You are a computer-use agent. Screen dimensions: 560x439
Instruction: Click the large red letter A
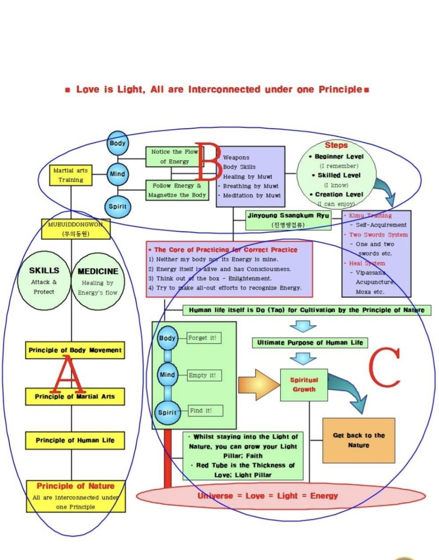pyautogui.click(x=67, y=374)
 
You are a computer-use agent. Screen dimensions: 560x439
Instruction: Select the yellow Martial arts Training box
pyautogui.click(x=71, y=175)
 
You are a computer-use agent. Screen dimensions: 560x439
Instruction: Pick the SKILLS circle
pyautogui.click(x=44, y=281)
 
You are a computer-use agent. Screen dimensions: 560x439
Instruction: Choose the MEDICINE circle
pyautogui.click(x=98, y=282)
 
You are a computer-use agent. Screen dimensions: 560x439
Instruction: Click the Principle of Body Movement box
pyautogui.click(x=75, y=350)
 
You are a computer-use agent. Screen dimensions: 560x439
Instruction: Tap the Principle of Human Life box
pyautogui.click(x=75, y=440)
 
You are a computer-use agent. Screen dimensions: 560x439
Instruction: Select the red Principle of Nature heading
pyautogui.click(x=75, y=486)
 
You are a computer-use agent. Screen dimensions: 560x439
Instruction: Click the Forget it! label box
pyautogui.click(x=202, y=338)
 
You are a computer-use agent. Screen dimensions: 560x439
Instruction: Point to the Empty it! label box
pyautogui.click(x=202, y=375)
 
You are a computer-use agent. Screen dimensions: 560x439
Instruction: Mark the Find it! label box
pyautogui.click(x=201, y=411)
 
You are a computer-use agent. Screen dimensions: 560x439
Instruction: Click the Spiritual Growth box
pyautogui.click(x=304, y=384)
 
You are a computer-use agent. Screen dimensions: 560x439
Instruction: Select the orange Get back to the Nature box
pyautogui.click(x=358, y=440)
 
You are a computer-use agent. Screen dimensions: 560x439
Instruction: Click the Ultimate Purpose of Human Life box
pyautogui.click(x=310, y=342)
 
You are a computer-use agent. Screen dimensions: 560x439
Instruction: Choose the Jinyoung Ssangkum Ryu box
pyautogui.click(x=288, y=220)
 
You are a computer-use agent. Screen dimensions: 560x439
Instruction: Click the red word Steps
pyautogui.click(x=336, y=145)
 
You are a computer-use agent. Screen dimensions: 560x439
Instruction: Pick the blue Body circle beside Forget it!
pyautogui.click(x=167, y=338)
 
